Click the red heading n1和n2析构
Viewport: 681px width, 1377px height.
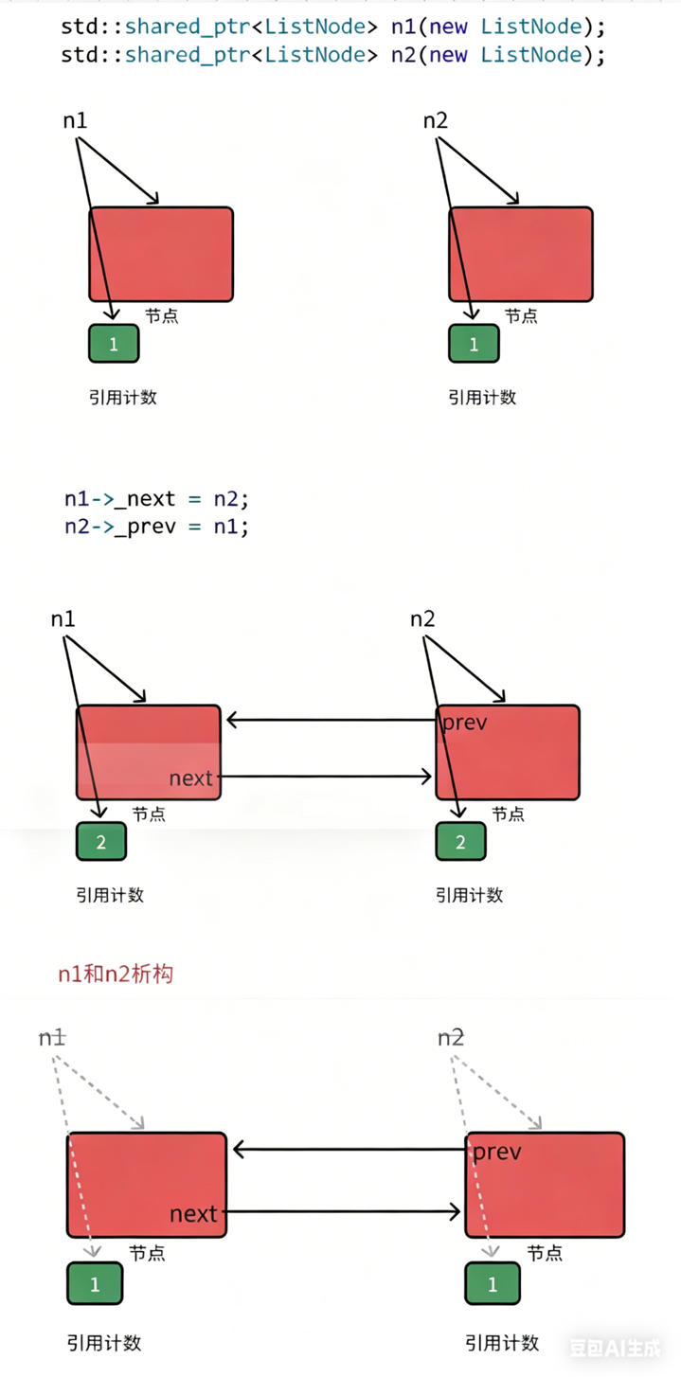click(x=116, y=974)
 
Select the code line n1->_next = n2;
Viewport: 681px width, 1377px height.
click(x=156, y=499)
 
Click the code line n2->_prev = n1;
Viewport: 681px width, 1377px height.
click(x=156, y=526)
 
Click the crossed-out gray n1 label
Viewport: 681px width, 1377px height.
click(x=52, y=1038)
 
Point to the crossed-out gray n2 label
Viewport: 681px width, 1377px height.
click(x=451, y=1038)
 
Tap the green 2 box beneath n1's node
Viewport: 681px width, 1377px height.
click(x=100, y=842)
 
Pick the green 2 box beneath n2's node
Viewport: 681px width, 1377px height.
click(x=460, y=842)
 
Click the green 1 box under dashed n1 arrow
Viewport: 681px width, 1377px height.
click(x=95, y=1284)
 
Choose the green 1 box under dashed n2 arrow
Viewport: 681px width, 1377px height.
click(x=493, y=1284)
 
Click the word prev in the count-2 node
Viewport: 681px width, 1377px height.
click(x=465, y=724)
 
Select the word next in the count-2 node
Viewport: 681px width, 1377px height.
click(x=191, y=778)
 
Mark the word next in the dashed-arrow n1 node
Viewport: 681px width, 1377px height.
click(x=193, y=1213)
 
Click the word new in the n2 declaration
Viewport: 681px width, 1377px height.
click(x=448, y=55)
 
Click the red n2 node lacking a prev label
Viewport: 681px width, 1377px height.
click(x=521, y=255)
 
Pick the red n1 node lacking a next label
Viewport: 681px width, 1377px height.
click(x=161, y=255)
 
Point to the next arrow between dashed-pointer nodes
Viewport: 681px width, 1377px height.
click(x=341, y=1211)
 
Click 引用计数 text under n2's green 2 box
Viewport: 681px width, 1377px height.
click(x=470, y=895)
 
